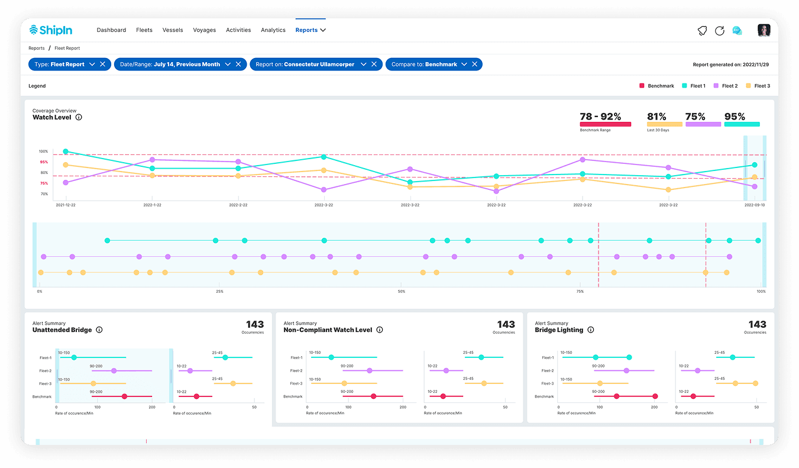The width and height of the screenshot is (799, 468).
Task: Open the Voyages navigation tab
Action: click(x=204, y=30)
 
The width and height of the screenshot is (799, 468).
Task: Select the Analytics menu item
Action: click(x=273, y=30)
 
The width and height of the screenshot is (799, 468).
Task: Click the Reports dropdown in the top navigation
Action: click(x=310, y=30)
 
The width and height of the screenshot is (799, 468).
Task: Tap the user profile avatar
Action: click(x=764, y=31)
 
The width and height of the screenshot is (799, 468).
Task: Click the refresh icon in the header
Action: click(x=719, y=31)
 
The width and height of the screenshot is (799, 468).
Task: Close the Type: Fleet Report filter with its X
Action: click(x=103, y=64)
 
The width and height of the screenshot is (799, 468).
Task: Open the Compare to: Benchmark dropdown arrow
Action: click(x=464, y=64)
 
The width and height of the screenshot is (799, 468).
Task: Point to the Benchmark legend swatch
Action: click(x=642, y=86)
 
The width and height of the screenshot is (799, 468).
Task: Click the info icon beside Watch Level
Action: click(x=79, y=117)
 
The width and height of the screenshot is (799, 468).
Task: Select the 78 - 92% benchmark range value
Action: click(x=600, y=117)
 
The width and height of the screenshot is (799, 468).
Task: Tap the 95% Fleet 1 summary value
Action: click(x=735, y=117)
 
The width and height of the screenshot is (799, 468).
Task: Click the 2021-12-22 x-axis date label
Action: click(x=65, y=205)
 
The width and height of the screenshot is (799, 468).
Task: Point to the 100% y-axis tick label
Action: click(x=44, y=151)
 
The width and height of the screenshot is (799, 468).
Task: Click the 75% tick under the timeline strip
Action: click(x=580, y=292)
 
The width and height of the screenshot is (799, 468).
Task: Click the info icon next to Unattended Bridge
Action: click(x=99, y=330)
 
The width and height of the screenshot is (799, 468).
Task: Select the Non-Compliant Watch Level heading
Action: click(x=328, y=330)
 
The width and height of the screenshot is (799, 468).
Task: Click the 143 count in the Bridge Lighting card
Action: click(x=757, y=324)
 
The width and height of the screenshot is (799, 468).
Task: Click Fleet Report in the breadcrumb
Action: click(x=67, y=49)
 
